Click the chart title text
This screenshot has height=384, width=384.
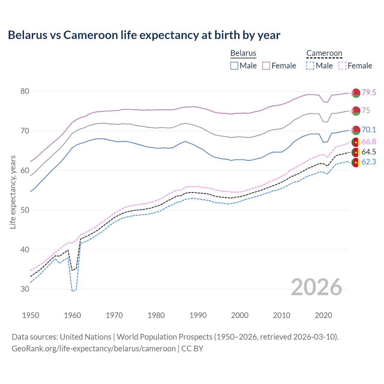coord(144,35)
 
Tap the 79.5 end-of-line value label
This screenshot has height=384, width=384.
coord(369,92)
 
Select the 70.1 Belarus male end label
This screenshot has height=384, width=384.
coord(369,130)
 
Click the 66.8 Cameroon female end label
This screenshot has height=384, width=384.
coord(369,142)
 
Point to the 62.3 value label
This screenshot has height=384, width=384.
coord(369,162)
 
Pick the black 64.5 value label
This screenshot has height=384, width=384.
coord(369,152)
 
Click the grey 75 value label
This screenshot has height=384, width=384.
coord(366,110)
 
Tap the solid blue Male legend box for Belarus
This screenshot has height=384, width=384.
coord(234,66)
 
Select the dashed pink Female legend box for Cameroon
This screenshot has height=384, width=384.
coord(342,66)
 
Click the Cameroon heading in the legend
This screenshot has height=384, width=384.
coord(324,53)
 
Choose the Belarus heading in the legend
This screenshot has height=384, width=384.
coord(243,53)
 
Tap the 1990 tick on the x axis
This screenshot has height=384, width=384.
coord(198,315)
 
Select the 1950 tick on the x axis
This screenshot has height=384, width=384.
coord(31,315)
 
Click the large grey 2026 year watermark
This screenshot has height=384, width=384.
coord(316,287)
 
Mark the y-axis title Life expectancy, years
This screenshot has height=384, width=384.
coord(13,192)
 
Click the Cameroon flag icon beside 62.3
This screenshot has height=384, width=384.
coord(356,163)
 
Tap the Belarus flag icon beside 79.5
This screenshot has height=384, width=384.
coord(356,93)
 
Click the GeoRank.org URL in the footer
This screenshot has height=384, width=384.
coord(94,349)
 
